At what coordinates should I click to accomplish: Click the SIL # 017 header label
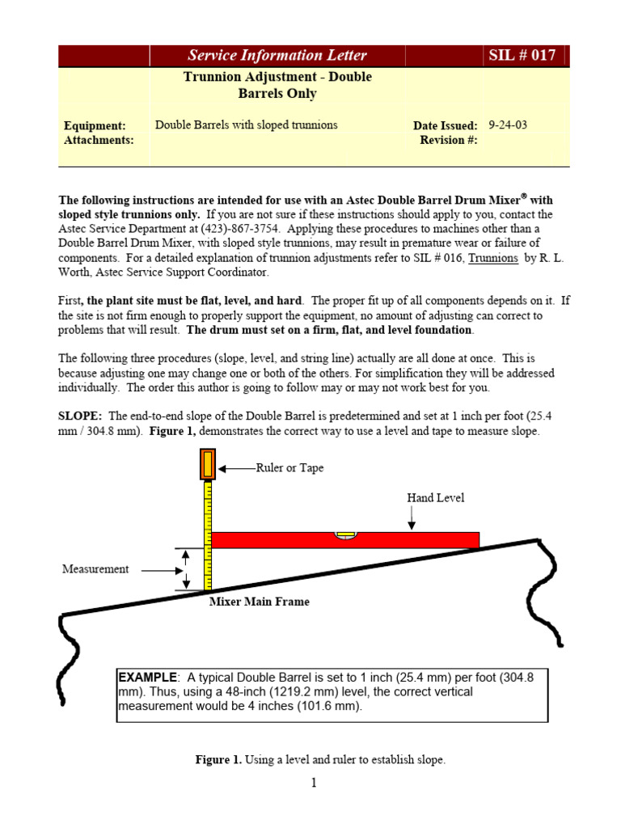pyautogui.click(x=526, y=55)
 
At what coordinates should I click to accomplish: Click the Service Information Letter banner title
pyautogui.click(x=277, y=55)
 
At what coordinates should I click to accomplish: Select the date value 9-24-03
pyautogui.click(x=508, y=125)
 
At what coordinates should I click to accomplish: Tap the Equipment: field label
pyautogui.click(x=95, y=125)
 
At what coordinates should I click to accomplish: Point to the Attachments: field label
pyautogui.click(x=99, y=140)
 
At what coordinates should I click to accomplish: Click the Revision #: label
pyautogui.click(x=449, y=140)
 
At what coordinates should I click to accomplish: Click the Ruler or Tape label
pyautogui.click(x=289, y=468)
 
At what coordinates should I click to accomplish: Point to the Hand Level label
pyautogui.click(x=435, y=498)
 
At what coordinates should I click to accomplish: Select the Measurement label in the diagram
pyautogui.click(x=95, y=568)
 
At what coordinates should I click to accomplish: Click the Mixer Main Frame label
pyautogui.click(x=259, y=602)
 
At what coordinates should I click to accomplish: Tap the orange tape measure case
pyautogui.click(x=208, y=465)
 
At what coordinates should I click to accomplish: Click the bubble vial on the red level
pyautogui.click(x=345, y=535)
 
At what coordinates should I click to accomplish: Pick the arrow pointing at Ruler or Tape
pyautogui.click(x=239, y=468)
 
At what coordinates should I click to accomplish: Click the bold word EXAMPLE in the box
pyautogui.click(x=147, y=677)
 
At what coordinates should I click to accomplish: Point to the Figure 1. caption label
pyautogui.click(x=219, y=760)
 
